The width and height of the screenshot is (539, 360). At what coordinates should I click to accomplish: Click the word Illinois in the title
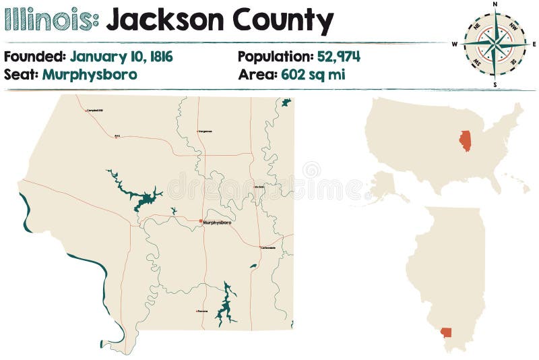click(51, 20)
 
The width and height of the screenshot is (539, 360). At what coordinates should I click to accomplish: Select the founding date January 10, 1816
click(121, 57)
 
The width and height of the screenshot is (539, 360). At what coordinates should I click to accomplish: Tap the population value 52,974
click(338, 57)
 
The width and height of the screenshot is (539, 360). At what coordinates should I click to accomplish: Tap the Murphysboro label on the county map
click(217, 222)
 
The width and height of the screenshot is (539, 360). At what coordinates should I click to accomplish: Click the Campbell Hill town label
click(95, 111)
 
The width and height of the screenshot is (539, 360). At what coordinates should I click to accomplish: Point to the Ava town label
click(117, 136)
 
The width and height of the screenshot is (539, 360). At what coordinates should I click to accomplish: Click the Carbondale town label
click(268, 248)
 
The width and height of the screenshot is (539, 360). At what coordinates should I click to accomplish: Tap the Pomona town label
click(202, 311)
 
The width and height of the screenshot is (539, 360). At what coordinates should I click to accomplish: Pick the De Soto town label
click(259, 187)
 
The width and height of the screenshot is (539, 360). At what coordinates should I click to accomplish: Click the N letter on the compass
click(495, 5)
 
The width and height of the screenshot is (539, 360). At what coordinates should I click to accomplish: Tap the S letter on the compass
click(495, 85)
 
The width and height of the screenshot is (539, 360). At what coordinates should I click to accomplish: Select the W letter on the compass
click(455, 44)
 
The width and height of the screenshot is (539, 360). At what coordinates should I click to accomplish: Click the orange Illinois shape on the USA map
click(465, 140)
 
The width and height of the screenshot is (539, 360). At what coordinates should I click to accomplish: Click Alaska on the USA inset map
click(386, 185)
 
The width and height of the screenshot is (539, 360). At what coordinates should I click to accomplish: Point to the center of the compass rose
click(495, 44)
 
